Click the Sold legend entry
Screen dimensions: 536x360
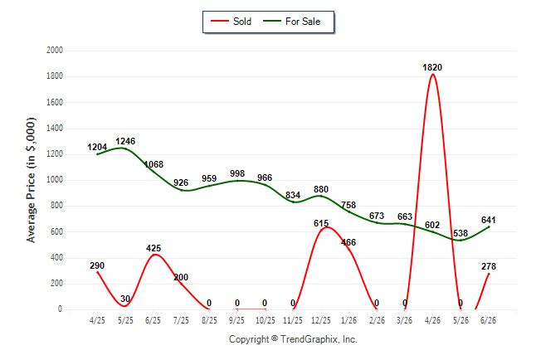[x=231, y=22]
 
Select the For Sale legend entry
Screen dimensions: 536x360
[x=291, y=22]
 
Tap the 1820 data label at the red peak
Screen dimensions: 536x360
[x=432, y=68]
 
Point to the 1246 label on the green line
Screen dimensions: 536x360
[x=125, y=141]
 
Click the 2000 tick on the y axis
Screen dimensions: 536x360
[x=55, y=51]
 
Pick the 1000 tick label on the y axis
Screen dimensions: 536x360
[x=55, y=180]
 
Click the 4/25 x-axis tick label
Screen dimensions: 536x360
[x=97, y=320]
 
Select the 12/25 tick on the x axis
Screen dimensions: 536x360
[x=321, y=320]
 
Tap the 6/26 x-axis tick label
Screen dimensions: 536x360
[x=488, y=320]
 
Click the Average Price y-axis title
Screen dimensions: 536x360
[x=31, y=180]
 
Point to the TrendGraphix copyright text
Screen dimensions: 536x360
[x=293, y=339]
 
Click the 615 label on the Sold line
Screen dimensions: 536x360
[x=321, y=224]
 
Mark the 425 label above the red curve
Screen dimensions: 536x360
[x=153, y=248]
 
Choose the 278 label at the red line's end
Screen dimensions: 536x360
[x=489, y=266]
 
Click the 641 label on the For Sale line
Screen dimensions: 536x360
[x=488, y=220]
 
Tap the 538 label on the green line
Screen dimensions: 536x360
[x=460, y=233]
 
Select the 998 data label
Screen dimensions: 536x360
[x=237, y=173]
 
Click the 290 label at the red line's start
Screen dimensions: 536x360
[x=97, y=265]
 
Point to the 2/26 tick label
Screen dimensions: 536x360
[x=377, y=320]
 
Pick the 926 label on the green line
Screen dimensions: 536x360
[x=181, y=183]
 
